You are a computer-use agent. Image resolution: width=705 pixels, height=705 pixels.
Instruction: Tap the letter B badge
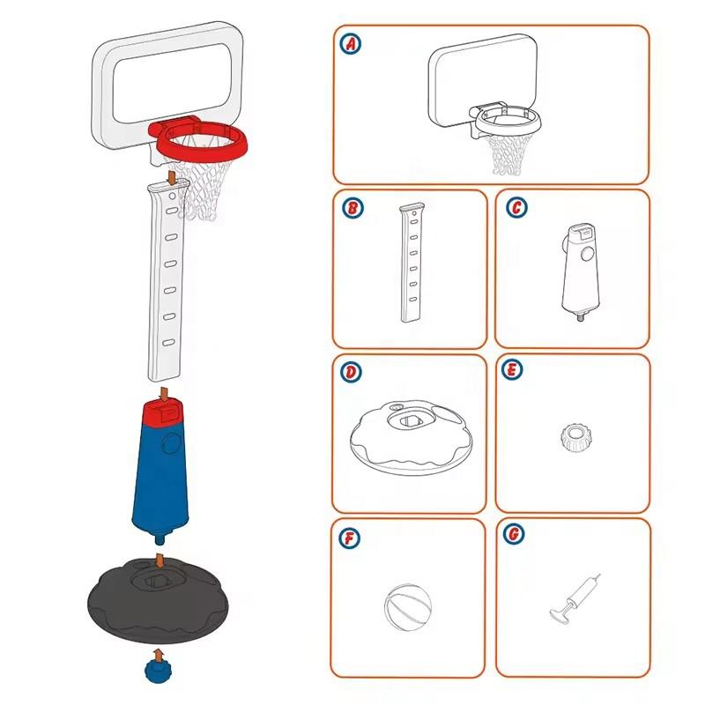352,208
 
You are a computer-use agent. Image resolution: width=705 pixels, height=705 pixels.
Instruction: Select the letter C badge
516,208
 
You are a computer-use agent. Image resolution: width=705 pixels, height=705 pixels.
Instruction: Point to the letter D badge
352,372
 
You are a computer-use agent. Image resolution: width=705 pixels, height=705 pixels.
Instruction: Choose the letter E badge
516,372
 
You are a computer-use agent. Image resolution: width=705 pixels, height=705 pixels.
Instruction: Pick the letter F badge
352,536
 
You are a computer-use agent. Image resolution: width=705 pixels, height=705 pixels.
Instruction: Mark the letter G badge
516,536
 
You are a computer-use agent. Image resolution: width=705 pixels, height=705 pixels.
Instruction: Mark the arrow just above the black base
159,560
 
